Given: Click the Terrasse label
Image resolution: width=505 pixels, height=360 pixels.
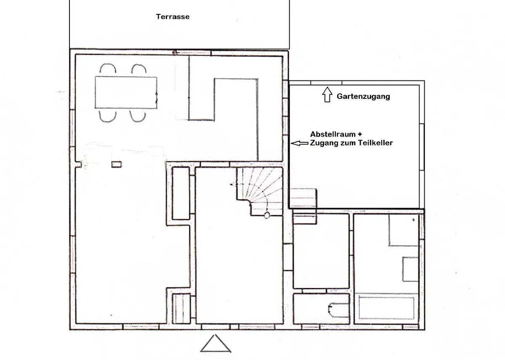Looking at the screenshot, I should (173, 17).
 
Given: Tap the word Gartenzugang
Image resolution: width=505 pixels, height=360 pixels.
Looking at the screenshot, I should (363, 96).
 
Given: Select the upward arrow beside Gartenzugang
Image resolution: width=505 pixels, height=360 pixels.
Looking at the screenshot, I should (327, 95).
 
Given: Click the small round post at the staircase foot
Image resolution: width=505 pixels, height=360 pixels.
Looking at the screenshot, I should (267, 216).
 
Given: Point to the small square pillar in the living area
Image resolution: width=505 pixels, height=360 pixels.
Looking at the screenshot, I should (116, 164).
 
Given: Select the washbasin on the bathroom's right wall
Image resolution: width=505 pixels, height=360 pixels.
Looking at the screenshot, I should (411, 269).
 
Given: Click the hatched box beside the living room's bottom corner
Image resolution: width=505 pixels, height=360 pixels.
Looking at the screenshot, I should (181, 308).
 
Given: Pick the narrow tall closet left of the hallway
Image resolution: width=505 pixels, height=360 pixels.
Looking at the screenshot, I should (181, 193).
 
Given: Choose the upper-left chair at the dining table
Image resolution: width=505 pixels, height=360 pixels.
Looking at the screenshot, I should (107, 69).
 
